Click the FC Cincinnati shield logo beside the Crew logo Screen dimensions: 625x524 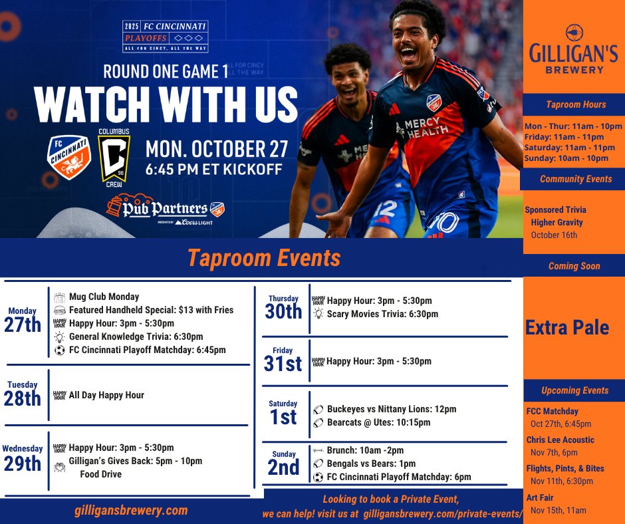click(x=69, y=157)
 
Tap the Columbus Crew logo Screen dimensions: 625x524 click(x=114, y=158)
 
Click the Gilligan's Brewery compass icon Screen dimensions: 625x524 click(x=574, y=33)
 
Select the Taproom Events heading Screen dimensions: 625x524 click(x=264, y=258)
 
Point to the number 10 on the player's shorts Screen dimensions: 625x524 click(x=445, y=223)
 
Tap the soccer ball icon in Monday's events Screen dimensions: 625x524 click(x=60, y=350)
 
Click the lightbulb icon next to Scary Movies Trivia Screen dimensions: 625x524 click(x=318, y=313)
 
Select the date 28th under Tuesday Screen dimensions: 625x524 click(x=23, y=398)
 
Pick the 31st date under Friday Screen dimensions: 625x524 click(x=283, y=364)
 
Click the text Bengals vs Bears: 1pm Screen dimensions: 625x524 click(x=371, y=463)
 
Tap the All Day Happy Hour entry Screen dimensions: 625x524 click(x=106, y=395)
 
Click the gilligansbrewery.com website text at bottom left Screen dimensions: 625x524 click(x=131, y=511)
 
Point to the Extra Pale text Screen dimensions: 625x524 click(x=566, y=328)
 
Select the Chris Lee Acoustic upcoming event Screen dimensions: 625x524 click(x=560, y=440)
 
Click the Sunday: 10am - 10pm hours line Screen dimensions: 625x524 click(x=566, y=158)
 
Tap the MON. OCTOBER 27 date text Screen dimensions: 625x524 click(x=217, y=149)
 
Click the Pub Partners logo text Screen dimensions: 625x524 click(x=165, y=208)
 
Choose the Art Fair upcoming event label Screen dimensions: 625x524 click(x=540, y=497)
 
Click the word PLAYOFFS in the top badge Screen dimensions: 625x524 click(x=146, y=39)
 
